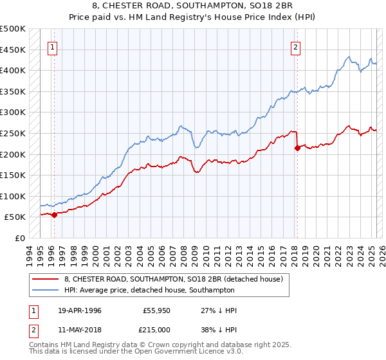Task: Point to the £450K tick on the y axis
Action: (13, 50)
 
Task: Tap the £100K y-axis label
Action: (13, 196)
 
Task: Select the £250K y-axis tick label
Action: (13, 133)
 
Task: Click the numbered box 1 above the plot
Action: (52, 46)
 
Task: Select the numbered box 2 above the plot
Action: (295, 46)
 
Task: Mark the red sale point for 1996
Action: (54, 215)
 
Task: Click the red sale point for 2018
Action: (297, 148)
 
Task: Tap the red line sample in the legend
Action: (46, 279)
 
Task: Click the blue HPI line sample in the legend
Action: (46, 290)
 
